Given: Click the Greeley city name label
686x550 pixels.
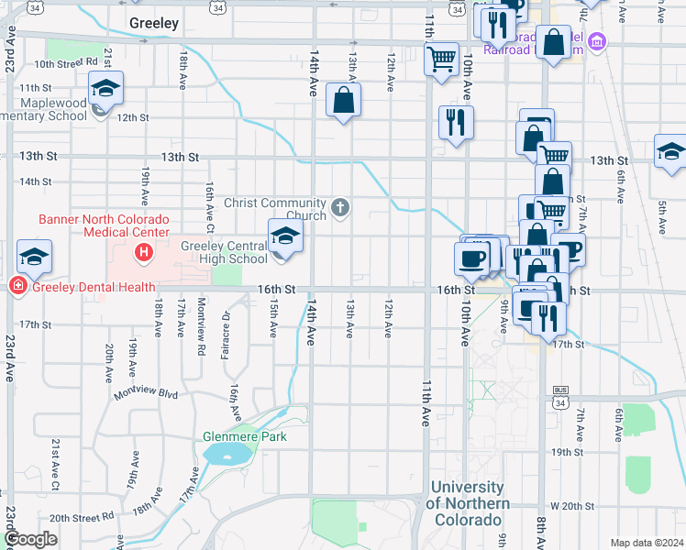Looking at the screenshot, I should pos(153,23).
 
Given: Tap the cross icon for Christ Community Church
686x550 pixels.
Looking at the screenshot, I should pos(340,208).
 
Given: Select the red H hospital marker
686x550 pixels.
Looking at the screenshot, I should pos(143,251).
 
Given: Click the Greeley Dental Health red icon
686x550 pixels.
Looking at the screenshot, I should pos(17,287).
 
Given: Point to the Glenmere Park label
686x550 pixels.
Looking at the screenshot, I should pos(245,436).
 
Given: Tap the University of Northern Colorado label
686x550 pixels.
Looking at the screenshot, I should pos(468,503).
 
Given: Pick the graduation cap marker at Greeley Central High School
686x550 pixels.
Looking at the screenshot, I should pos(285,237).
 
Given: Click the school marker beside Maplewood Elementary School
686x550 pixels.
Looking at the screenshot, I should pos(105,91).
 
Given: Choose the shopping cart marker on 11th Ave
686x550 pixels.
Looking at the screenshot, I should pos(442,60).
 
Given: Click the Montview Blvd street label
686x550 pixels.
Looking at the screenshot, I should pos(145,394).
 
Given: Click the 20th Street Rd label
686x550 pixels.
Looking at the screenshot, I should pos(82,518).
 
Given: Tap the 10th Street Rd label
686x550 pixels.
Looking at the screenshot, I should pos(66,63).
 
